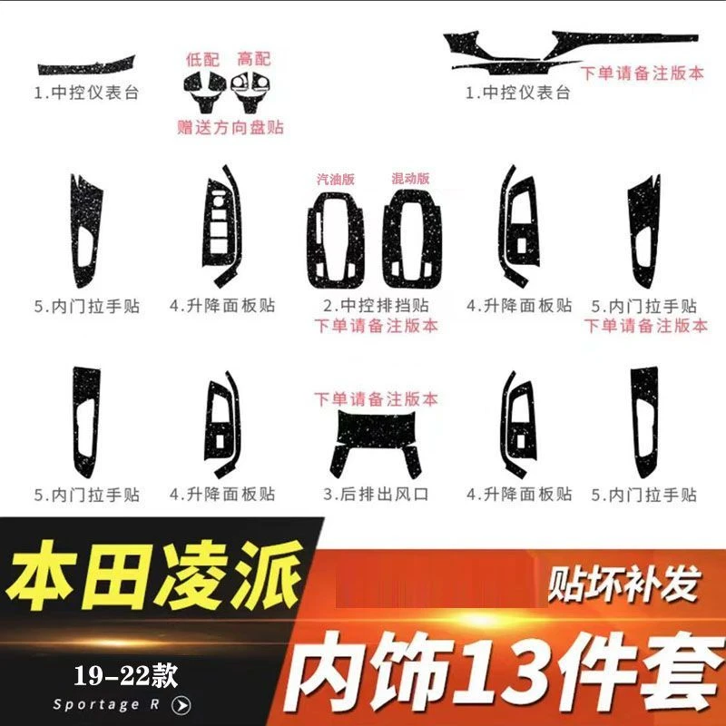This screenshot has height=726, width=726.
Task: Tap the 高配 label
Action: (254, 58)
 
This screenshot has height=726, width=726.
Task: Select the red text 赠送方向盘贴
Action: (231, 127)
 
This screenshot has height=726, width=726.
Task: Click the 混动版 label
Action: (410, 180)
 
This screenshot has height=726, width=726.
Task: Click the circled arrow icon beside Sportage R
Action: (181, 704)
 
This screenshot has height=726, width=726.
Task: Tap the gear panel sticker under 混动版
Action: (413, 240)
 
